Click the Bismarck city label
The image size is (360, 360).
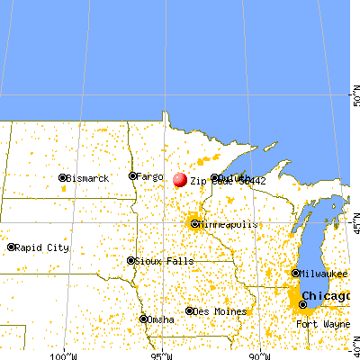pos(89,179)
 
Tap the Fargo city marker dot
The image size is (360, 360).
pos(132,175)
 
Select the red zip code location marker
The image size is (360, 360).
pos(179,179)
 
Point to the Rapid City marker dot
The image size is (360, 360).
pos(12,247)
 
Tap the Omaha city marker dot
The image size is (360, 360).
pos(143,318)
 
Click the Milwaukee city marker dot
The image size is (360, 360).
pos(296,273)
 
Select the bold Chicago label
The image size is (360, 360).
pos(328,295)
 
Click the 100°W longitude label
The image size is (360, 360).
pos(63,355)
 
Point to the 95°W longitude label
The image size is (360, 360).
pos(162,355)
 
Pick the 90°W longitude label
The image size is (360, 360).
pos(260,355)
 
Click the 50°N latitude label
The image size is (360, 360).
pos(354,92)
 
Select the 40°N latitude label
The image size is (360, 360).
pos(354,341)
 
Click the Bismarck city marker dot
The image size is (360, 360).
pos(63,178)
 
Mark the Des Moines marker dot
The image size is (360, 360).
pos(189,311)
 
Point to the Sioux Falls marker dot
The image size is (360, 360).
pos(130,261)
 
